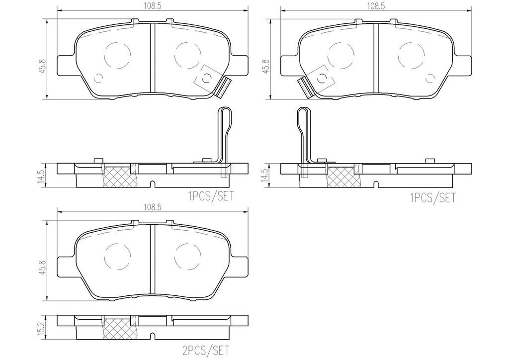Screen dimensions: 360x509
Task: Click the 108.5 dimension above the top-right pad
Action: pos(376,5)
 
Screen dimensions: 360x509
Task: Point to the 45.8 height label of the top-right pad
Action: pos(266,66)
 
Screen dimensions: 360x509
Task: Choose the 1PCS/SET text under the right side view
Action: pos(432,198)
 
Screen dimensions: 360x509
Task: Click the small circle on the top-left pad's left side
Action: pos(98,78)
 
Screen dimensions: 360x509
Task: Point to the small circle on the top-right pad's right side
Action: pos(431,78)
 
